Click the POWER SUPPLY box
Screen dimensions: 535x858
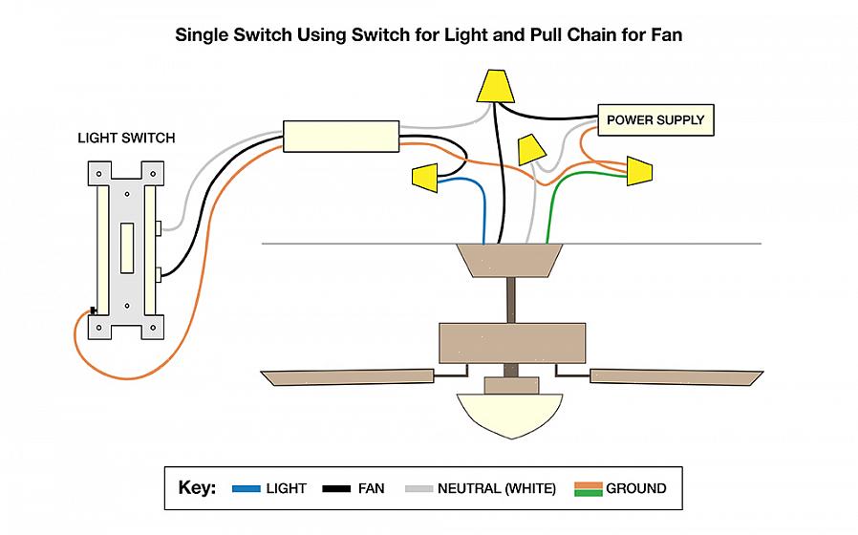[655, 120]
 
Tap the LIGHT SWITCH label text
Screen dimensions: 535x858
[126, 139]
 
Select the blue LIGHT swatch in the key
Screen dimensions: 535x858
[246, 488]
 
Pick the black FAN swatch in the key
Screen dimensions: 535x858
[335, 488]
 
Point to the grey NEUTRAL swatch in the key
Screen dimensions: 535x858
[418, 488]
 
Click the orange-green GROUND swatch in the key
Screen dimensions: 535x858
[588, 488]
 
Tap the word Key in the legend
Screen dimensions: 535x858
[197, 488]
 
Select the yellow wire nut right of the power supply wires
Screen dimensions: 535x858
[639, 171]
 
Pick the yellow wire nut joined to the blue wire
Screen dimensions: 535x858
[424, 176]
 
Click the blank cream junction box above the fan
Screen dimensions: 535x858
[341, 137]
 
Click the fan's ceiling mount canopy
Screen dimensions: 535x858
[507, 259]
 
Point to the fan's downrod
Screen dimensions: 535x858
[512, 300]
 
